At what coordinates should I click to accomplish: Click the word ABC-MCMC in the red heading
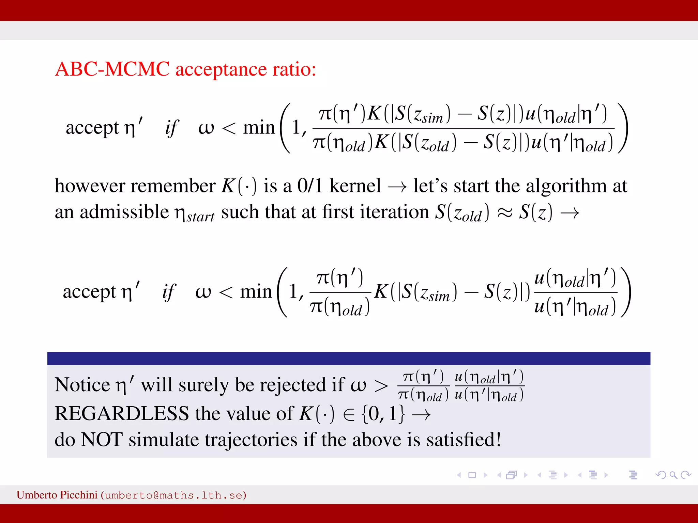112,69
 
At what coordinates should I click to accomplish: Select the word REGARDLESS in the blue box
122,414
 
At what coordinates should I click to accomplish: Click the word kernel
355,186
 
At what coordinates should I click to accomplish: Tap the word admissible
124,212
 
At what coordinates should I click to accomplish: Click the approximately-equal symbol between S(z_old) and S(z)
504,213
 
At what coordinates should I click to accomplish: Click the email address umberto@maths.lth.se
173,495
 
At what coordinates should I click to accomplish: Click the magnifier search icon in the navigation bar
673,475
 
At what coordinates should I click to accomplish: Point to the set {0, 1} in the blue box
383,414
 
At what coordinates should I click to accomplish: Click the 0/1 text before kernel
309,186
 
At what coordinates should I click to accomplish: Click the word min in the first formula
259,128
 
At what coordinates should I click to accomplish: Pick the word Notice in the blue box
82,385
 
